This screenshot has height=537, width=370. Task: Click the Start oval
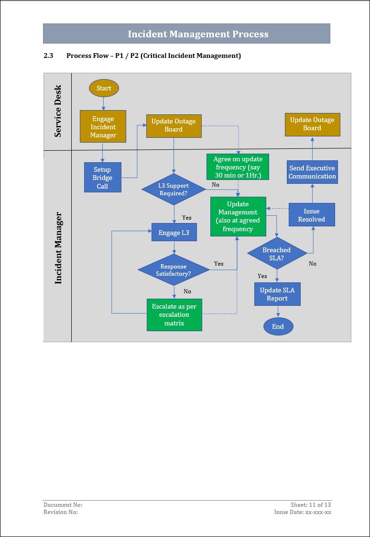pyautogui.click(x=104, y=88)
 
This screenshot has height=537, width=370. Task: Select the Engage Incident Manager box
pyautogui.click(x=103, y=127)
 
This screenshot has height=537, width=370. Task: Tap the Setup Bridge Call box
pyautogui.click(x=102, y=178)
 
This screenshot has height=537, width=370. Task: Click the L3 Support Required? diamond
pyautogui.click(x=174, y=190)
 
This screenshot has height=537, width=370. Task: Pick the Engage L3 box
pyautogui.click(x=174, y=233)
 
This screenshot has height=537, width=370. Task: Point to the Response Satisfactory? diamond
pyautogui.click(x=174, y=270)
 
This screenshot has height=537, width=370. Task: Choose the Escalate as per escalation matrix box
pyautogui.click(x=174, y=315)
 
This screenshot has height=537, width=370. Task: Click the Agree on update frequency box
pyautogui.click(x=238, y=167)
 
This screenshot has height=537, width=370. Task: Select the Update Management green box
pyautogui.click(x=238, y=216)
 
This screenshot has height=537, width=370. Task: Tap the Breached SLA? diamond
pyautogui.click(x=277, y=254)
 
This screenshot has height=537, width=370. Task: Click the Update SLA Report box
pyautogui.click(x=277, y=294)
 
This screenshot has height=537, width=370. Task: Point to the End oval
pyautogui.click(x=278, y=326)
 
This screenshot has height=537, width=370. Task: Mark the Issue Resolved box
pyautogui.click(x=312, y=215)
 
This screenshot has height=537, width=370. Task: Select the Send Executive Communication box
pyautogui.click(x=313, y=172)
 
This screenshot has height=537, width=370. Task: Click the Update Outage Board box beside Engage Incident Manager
pyautogui.click(x=174, y=125)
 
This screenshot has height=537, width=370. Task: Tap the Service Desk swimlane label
pyautogui.click(x=58, y=111)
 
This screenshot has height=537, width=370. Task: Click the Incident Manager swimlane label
pyautogui.click(x=58, y=248)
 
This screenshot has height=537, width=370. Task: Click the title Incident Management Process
pyautogui.click(x=198, y=34)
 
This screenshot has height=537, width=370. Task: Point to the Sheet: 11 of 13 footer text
pyautogui.click(x=311, y=505)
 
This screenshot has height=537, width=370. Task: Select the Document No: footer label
pyautogui.click(x=63, y=505)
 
